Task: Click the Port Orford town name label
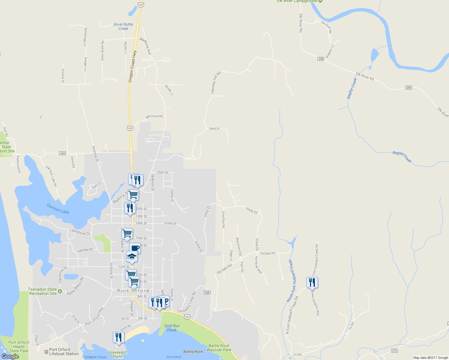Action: click(x=133, y=291)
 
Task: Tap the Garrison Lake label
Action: click(x=58, y=208)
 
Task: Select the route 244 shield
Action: click(x=62, y=153)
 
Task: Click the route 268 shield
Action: click(x=207, y=292)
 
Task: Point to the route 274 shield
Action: click(x=394, y=351)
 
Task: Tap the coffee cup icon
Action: click(x=135, y=248)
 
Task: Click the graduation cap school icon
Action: click(x=132, y=256)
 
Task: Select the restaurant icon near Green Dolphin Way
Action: click(x=312, y=282)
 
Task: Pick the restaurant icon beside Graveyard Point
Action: click(x=119, y=337)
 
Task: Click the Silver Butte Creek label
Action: click(x=123, y=26)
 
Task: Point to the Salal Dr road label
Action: click(x=214, y=128)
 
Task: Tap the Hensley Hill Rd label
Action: click(x=216, y=82)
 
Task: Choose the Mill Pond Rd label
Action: click(x=154, y=116)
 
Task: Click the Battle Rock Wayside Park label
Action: click(x=219, y=348)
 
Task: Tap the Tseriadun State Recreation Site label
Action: click(x=43, y=291)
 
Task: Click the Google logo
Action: click(x=10, y=356)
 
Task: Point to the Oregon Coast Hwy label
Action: click(x=132, y=66)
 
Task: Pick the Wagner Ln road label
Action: click(x=330, y=51)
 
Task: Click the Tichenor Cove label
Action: click(x=94, y=357)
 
